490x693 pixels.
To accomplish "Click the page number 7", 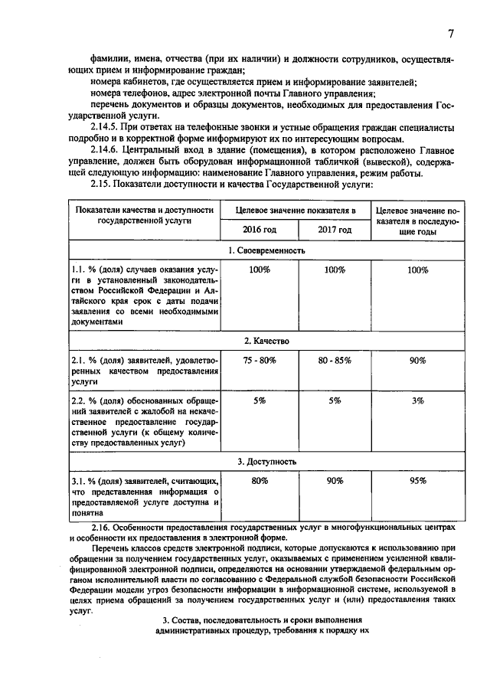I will [451, 34].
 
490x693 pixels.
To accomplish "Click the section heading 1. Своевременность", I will [266, 250].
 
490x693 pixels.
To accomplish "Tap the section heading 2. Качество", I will [266, 340].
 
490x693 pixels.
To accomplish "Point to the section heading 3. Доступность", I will [266, 462].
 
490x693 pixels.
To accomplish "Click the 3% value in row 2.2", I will [417, 400].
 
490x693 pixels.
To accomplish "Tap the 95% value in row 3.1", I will [417, 481].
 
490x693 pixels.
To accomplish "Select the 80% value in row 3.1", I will [259, 481].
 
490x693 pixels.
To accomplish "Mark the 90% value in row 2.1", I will [417, 361].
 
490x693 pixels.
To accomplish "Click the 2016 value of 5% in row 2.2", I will [259, 400].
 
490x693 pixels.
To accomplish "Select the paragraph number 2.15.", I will [102, 185].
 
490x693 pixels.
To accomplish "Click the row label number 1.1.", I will [77, 270].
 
